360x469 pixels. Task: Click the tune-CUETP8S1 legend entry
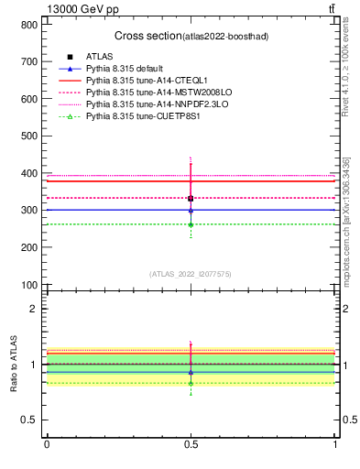click(x=144, y=117)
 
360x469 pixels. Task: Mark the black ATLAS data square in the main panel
click(x=191, y=198)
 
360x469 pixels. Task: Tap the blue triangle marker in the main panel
click(x=191, y=210)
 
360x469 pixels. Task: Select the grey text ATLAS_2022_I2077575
click(x=191, y=273)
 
